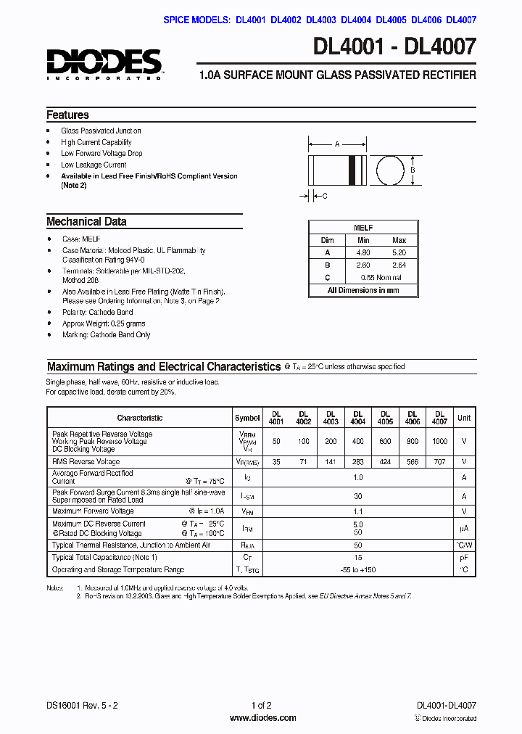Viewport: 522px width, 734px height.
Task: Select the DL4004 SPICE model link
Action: tap(356, 20)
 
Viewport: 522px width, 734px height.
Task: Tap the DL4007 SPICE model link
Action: tap(461, 20)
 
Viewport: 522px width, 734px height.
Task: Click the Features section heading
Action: tap(67, 115)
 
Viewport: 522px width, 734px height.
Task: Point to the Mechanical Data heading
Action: tap(86, 222)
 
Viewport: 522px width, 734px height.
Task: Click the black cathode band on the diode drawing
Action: tap(354, 170)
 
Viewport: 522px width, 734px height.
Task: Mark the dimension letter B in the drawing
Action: tap(413, 170)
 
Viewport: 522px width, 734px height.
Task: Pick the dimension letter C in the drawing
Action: tap(325, 196)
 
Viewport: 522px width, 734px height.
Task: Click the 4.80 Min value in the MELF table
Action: tap(363, 252)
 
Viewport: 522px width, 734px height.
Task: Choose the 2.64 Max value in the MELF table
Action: tap(399, 265)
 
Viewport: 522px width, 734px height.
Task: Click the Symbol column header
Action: tap(247, 418)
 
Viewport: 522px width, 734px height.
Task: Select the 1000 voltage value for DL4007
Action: tap(439, 441)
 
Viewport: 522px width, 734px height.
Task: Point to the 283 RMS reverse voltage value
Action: tap(358, 461)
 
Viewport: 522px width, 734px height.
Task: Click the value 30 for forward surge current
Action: tap(357, 496)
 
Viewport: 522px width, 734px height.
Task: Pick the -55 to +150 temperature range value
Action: tap(357, 570)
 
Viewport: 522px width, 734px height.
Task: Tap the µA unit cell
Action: tap(464, 528)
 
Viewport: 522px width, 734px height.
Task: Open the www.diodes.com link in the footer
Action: tap(262, 718)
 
